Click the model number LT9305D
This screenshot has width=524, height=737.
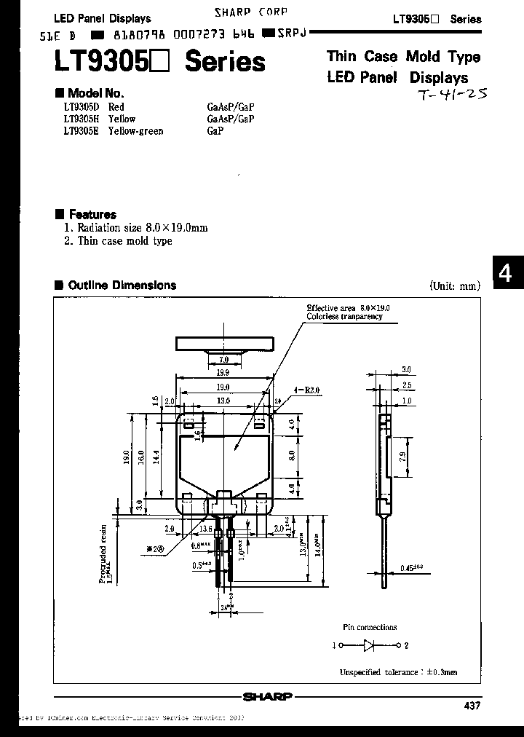click(80, 106)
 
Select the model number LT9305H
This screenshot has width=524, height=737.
click(80, 119)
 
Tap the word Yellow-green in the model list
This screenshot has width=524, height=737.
click(135, 131)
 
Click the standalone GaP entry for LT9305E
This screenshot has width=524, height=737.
click(215, 131)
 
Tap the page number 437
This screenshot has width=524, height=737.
click(471, 706)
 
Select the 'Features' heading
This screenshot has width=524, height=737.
click(92, 215)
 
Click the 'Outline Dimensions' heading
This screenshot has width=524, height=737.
click(121, 285)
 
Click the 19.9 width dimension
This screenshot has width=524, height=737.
click(223, 372)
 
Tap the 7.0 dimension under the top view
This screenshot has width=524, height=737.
click(223, 359)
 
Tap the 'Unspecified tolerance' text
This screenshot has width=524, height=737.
click(399, 672)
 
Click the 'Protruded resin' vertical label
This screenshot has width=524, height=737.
click(104, 554)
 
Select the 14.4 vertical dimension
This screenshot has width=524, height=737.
click(154, 457)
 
